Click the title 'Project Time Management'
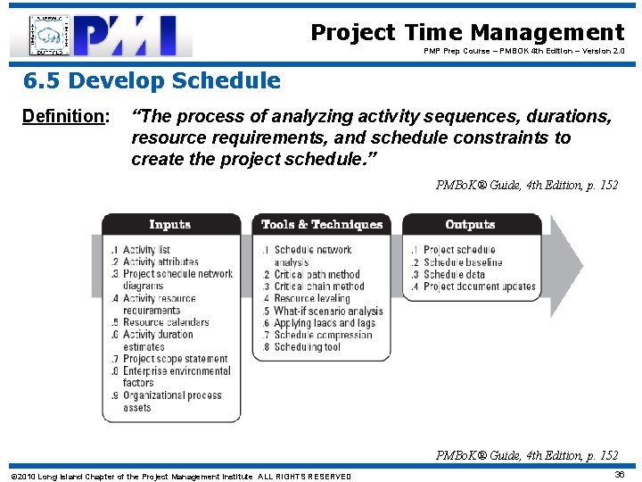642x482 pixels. click(467, 33)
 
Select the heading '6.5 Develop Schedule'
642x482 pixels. click(152, 81)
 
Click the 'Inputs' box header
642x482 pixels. click(170, 225)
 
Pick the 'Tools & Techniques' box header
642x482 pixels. click(321, 225)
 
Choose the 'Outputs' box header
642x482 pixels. click(470, 225)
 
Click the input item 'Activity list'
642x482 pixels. click(146, 250)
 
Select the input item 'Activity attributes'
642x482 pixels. click(160, 262)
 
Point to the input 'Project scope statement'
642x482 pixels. click(175, 359)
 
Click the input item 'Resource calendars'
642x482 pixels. click(166, 322)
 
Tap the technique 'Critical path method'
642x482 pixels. click(317, 275)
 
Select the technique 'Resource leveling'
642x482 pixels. click(312, 299)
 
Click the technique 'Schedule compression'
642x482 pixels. click(323, 335)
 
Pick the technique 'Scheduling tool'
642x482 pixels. click(308, 347)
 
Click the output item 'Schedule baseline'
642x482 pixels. click(463, 262)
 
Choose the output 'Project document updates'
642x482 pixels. click(480, 287)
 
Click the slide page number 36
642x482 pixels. click(618, 475)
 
